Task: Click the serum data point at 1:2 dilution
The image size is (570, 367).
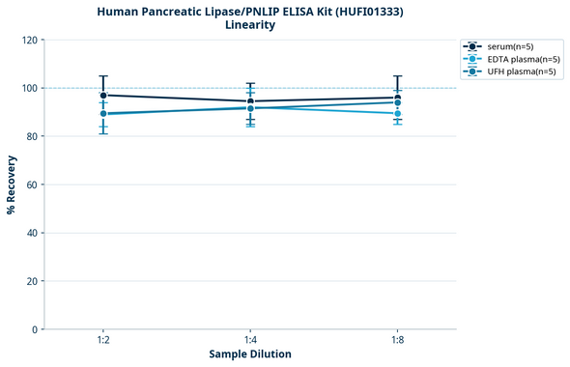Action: [x=103, y=96]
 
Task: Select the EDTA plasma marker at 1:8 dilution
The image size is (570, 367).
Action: [x=397, y=113]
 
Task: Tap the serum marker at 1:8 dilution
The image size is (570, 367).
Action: [x=397, y=98]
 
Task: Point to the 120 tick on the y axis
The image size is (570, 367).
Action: [x=31, y=41]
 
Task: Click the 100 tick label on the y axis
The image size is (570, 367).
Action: [x=31, y=89]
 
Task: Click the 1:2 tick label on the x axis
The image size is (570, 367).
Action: [x=103, y=341]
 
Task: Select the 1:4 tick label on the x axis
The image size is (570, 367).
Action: [x=250, y=341]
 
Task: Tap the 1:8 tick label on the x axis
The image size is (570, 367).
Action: [x=397, y=341]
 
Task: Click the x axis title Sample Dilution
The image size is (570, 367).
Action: [x=250, y=354]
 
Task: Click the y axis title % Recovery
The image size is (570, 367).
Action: [x=12, y=184]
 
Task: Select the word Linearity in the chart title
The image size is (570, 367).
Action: [x=250, y=25]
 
